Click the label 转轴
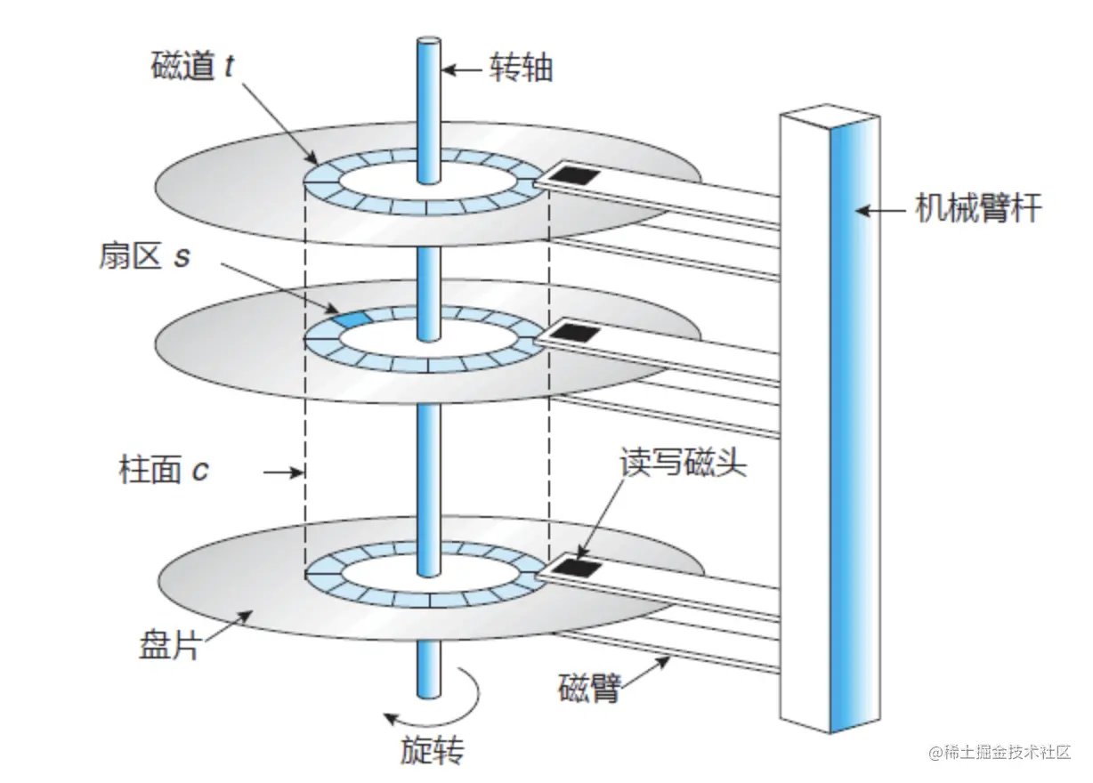coord(521,69)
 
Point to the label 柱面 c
coord(164,469)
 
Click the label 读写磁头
coord(683,464)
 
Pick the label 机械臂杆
coord(978,211)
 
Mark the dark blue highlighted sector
coord(350,319)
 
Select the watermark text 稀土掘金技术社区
coord(1000,752)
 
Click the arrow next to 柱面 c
coord(287,472)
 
